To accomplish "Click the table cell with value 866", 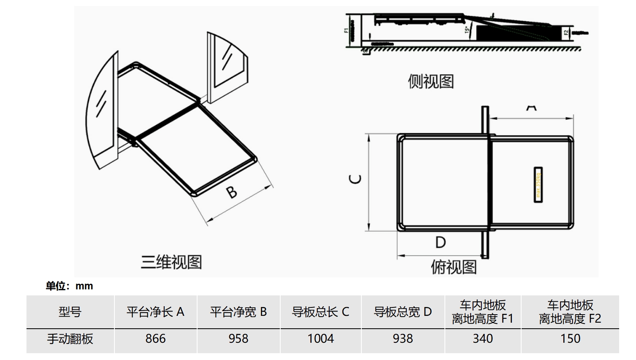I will pos(155,339).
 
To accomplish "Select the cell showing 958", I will pos(238,339).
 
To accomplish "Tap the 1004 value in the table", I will pos(320,339).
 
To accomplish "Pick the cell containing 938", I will pos(403,339).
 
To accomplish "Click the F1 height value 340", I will pos(483,339).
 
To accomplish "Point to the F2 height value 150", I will pos(570,339).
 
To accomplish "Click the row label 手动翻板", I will pos(70,339).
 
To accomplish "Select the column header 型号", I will pos(70,312).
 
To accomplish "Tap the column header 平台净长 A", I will pos(155,312).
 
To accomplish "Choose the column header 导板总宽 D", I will pos(403,312).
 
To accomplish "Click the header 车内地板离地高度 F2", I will pos(570,312).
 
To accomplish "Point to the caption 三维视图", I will pos(171,262).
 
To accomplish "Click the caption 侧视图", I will pos(431,81).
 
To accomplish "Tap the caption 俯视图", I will pos(454,267).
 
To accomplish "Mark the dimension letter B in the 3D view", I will pos(232,192).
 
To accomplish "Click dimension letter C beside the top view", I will pos(356,179).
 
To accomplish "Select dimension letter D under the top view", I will pos(440,242).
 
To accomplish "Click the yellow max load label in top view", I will pos(538,184).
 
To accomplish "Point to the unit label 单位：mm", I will pos(69,286).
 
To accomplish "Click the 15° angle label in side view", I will pos(467,29).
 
